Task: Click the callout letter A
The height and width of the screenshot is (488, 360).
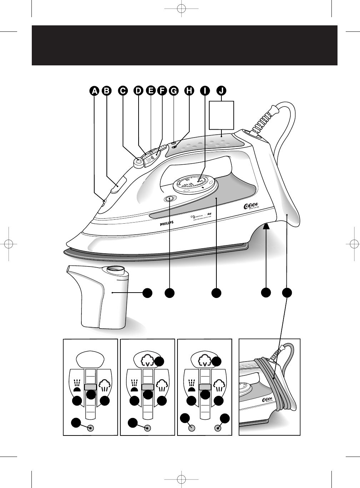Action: pos(94,91)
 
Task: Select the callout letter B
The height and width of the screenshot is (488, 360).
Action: pos(106,91)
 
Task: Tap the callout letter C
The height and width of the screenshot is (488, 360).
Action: pos(122,91)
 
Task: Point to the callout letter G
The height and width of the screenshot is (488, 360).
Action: pos(174,91)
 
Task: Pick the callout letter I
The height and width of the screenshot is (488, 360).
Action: pos(205,91)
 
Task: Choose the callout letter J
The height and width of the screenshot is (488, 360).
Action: pos(221,91)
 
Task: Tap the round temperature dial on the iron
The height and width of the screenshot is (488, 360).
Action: pos(195,184)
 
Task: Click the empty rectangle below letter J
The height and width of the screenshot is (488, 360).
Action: pos(221,115)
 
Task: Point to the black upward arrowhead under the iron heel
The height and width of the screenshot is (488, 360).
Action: pos(266,225)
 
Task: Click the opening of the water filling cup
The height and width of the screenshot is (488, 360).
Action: pos(115,269)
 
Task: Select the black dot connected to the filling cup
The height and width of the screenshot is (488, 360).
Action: pos(147,293)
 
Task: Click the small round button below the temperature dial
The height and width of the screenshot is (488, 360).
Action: pos(169,199)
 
